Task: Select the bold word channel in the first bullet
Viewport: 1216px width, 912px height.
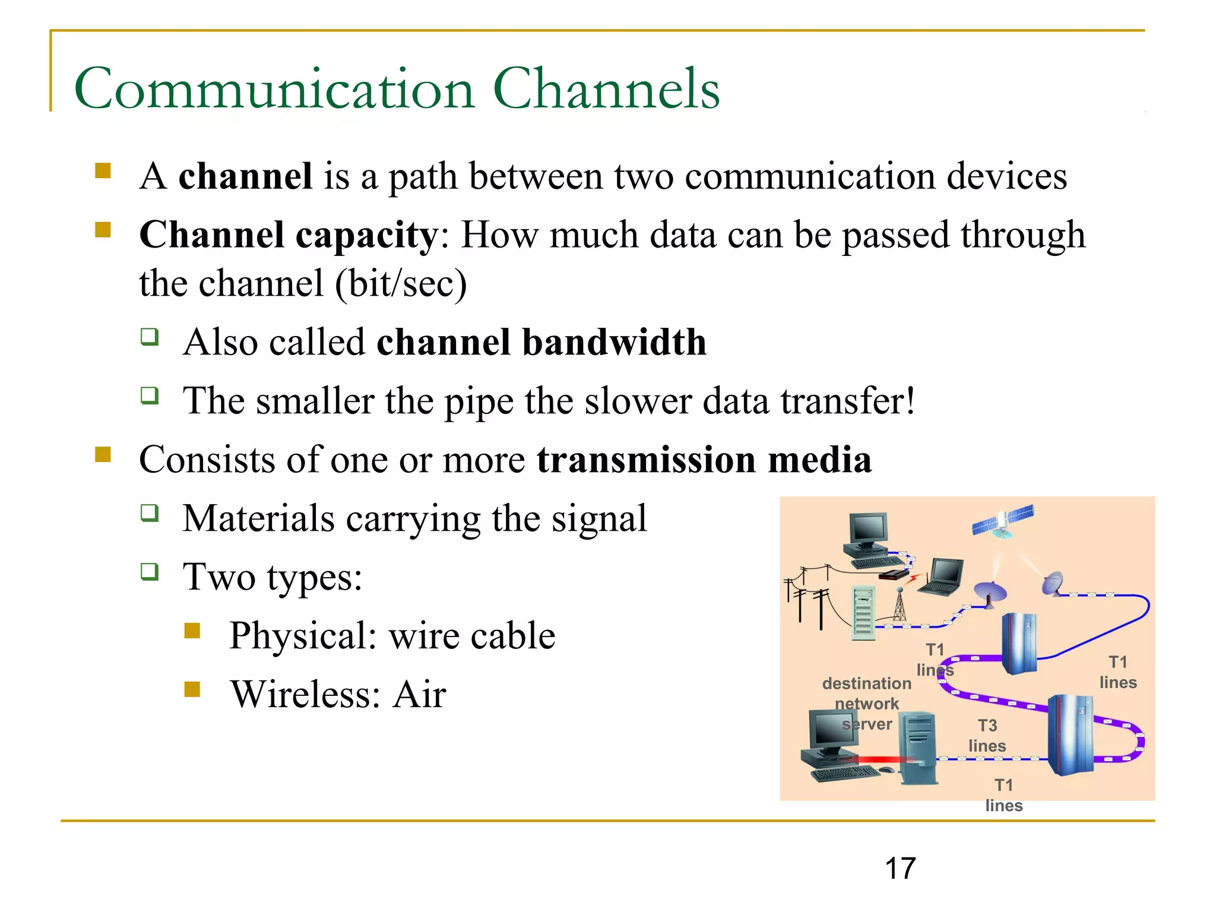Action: click(x=245, y=176)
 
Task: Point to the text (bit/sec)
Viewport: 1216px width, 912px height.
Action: click(x=401, y=284)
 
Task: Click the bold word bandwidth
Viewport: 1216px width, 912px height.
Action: click(x=614, y=343)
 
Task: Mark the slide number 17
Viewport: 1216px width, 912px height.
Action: click(x=900, y=869)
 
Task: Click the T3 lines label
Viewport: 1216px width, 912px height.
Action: click(x=987, y=736)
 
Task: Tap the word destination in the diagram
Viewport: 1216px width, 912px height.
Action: click(x=866, y=683)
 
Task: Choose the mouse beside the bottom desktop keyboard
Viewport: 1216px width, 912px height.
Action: click(x=887, y=770)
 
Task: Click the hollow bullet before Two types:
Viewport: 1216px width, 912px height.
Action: click(x=150, y=572)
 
